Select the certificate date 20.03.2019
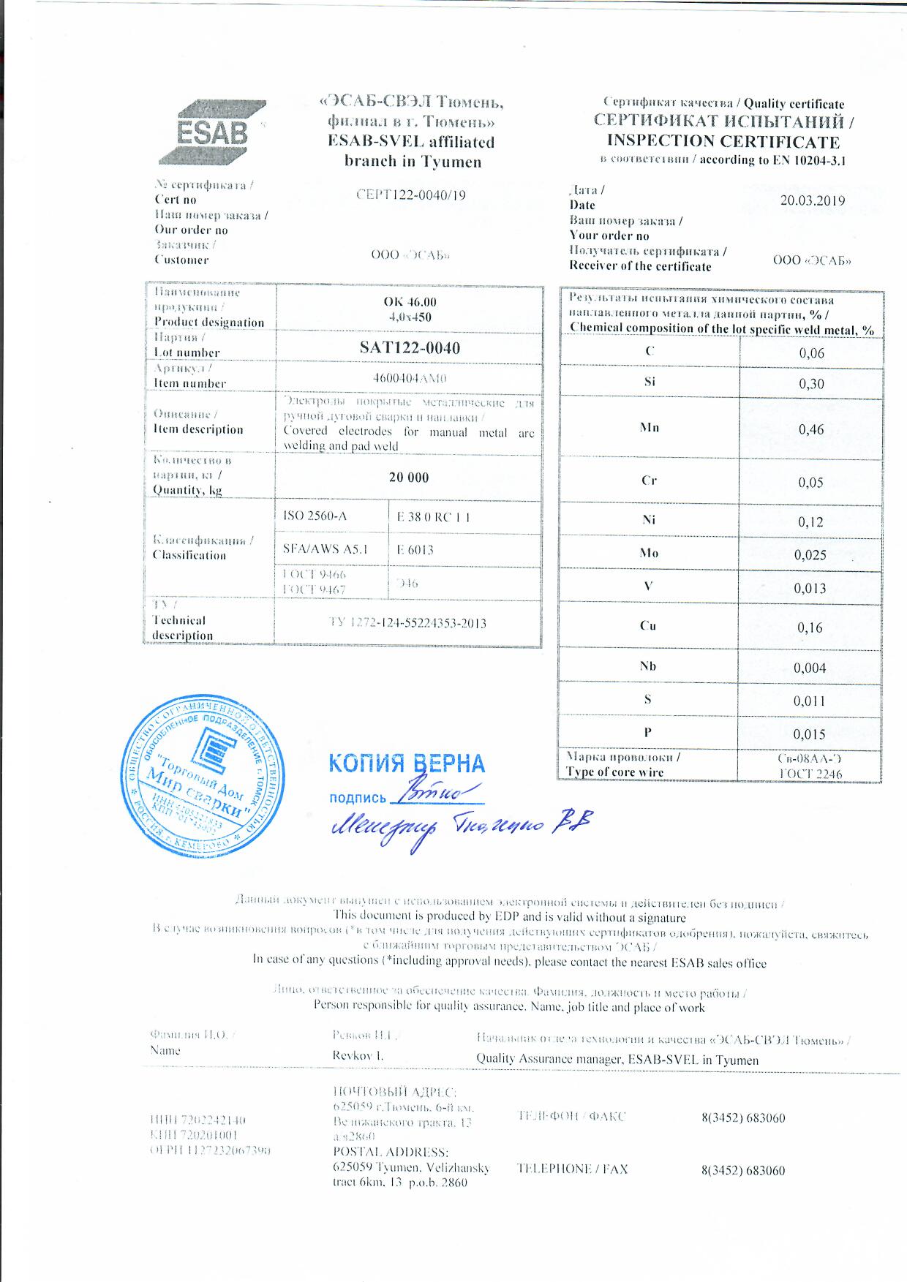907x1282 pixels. [x=812, y=201]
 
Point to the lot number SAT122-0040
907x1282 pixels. [x=410, y=348]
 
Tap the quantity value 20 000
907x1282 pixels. [x=409, y=478]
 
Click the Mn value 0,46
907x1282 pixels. [x=811, y=429]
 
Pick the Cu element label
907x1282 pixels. [x=648, y=626]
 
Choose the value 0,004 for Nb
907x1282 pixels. [x=810, y=668]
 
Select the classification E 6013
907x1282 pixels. [x=415, y=550]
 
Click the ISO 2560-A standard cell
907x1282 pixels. [x=315, y=516]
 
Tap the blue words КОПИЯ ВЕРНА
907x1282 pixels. [x=407, y=763]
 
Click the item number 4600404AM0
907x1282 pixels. [x=410, y=379]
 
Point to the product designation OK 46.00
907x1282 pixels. [x=410, y=302]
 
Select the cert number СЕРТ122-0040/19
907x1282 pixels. [x=410, y=195]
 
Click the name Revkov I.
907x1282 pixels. [x=358, y=1056]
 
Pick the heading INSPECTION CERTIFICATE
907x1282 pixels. [x=723, y=141]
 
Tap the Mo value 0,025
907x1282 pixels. [x=810, y=555]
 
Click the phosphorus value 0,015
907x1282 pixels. [x=809, y=734]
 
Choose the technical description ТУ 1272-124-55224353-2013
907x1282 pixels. [x=408, y=623]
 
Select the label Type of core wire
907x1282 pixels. [x=614, y=772]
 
